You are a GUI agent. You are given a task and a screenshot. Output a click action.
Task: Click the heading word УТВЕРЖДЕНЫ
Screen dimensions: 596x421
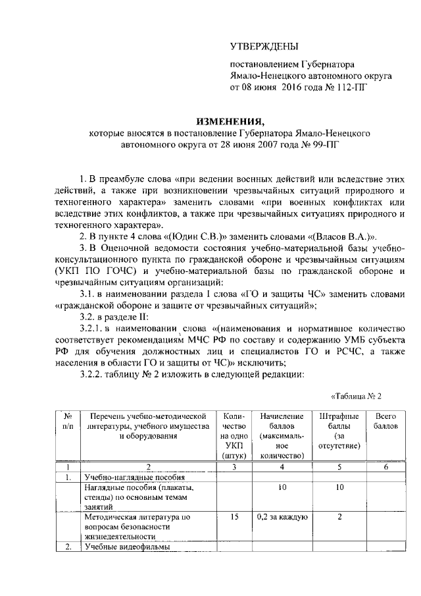(x=263, y=46)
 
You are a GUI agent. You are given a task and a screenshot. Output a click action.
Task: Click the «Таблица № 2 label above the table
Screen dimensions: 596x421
(x=355, y=396)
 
